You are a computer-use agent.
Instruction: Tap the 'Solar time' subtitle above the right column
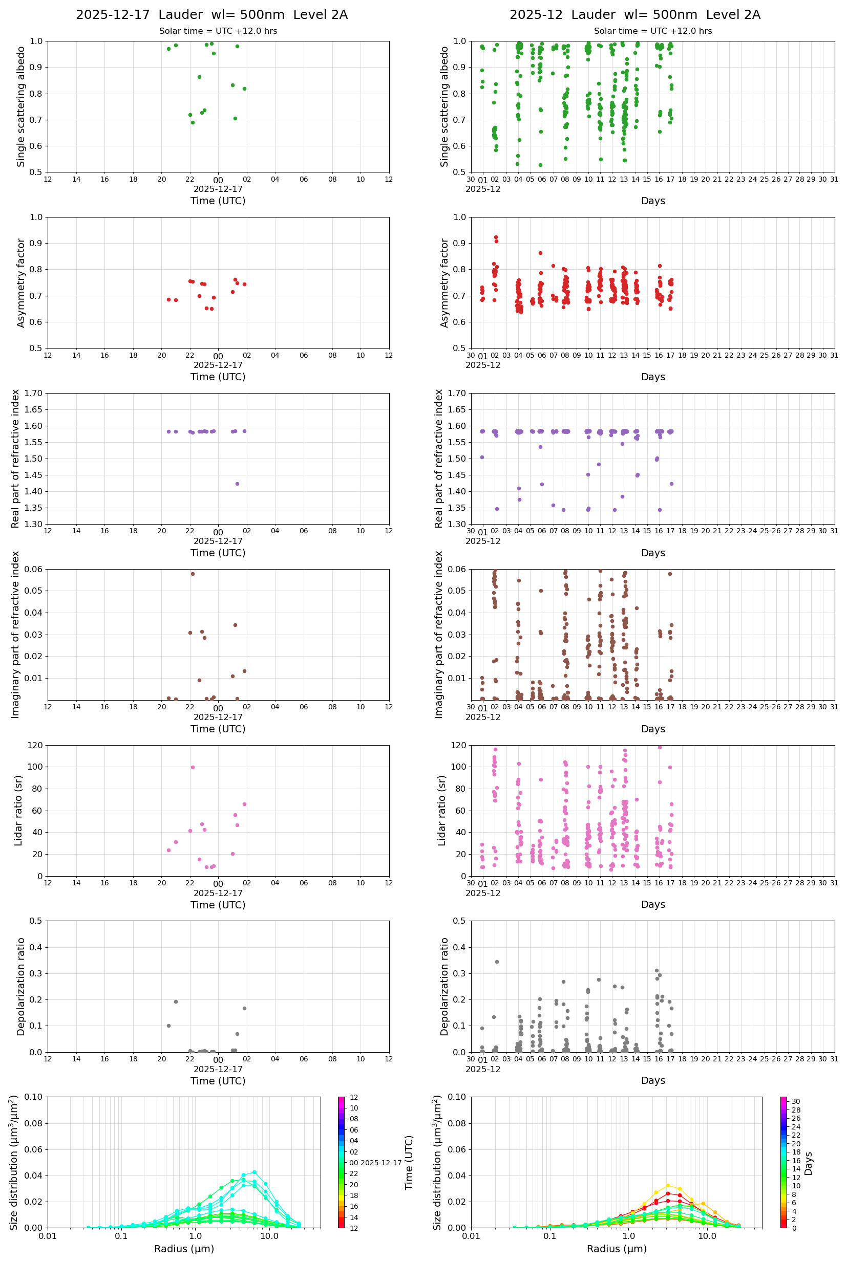pyautogui.click(x=652, y=31)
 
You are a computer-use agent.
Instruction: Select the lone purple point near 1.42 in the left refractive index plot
pyautogui.click(x=237, y=484)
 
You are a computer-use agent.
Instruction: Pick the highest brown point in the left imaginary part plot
pyautogui.click(x=193, y=574)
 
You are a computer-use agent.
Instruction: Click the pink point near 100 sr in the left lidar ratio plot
pyautogui.click(x=193, y=767)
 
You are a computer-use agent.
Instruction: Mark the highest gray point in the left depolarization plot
pyautogui.click(x=176, y=1002)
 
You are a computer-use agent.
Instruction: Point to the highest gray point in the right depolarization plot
pyautogui.click(x=497, y=962)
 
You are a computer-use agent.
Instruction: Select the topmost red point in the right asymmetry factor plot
pyautogui.click(x=496, y=237)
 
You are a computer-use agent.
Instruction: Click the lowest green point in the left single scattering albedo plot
pyautogui.click(x=193, y=122)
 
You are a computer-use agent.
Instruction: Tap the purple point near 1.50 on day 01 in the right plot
pyautogui.click(x=482, y=457)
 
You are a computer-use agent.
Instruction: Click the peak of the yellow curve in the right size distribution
pyautogui.click(x=668, y=1186)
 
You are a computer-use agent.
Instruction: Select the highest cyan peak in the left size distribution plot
pyautogui.click(x=255, y=1172)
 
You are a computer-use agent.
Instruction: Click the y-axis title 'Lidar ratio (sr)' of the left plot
pyautogui.click(x=19, y=811)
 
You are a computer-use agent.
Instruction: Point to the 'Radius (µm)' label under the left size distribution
pyautogui.click(x=184, y=1249)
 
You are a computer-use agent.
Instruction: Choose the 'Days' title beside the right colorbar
pyautogui.click(x=808, y=1164)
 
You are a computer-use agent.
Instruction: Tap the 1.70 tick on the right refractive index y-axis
pyautogui.click(x=459, y=394)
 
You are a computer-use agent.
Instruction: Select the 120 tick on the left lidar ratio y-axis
pyautogui.click(x=35, y=746)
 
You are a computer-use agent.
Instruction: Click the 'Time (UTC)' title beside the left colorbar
pyautogui.click(x=409, y=1163)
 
